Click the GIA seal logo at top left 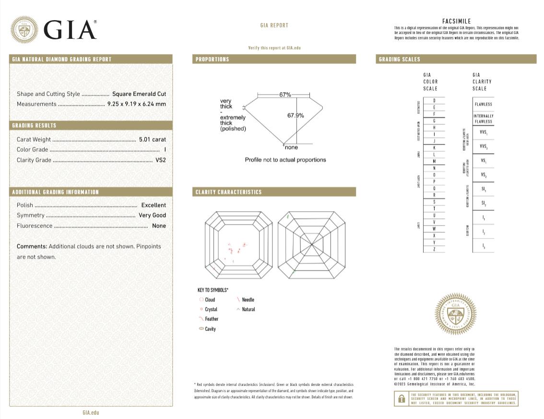24,30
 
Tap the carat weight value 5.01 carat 152,140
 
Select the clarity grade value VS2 161,160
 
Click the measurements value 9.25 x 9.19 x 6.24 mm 136,104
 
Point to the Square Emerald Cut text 139,94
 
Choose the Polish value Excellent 154,205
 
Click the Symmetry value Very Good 152,215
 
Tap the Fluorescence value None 159,226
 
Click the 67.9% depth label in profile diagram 296,116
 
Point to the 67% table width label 285,95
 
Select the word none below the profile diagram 291,148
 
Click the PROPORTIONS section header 213,60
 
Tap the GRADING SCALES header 399,60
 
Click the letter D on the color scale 434,100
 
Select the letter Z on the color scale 434,249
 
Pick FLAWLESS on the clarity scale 483,104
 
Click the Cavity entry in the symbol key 210,329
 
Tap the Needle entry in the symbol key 248,300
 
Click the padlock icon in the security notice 401,398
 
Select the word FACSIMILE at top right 456,21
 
